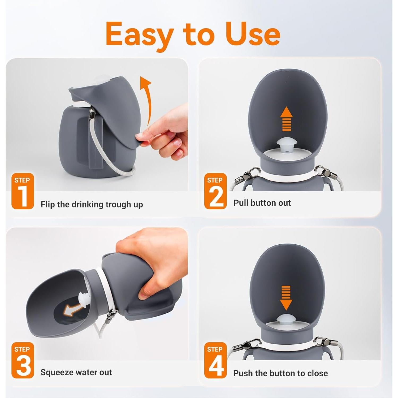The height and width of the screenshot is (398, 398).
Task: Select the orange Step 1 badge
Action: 23,191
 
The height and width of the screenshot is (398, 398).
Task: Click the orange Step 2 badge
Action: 215,191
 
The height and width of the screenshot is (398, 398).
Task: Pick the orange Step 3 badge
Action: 23,360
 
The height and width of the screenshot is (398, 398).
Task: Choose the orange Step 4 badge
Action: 215,360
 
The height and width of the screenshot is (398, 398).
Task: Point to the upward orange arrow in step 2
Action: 287,119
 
